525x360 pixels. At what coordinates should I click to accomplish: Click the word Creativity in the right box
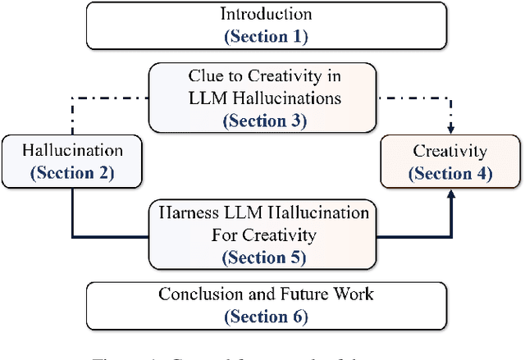[x=450, y=151]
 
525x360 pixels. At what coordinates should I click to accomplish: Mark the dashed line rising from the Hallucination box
[x=71, y=119]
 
